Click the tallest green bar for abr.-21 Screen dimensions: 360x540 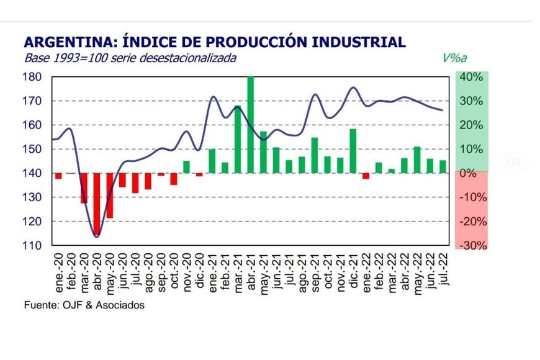pos(251,125)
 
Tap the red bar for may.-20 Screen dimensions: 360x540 pos(109,196)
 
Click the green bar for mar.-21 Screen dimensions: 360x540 pos(238,140)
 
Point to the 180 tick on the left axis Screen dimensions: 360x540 pos(34,77)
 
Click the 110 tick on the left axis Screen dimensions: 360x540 pos(34,246)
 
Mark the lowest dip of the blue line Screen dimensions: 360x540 pos(96,236)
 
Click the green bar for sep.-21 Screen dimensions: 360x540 pos(315,155)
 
